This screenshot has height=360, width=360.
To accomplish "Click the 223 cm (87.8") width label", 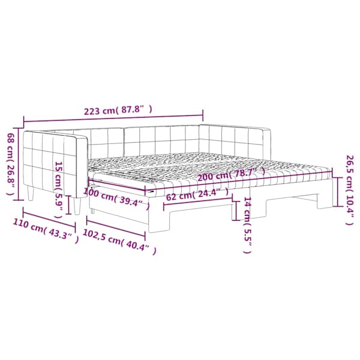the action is [x=118, y=110].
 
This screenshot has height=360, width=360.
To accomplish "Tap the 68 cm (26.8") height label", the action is [x=11, y=164].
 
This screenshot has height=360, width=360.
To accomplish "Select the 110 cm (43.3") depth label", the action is [x=46, y=231].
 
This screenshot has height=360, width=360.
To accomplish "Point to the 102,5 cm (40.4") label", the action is [x=119, y=242].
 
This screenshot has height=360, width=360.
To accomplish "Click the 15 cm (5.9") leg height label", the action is [x=59, y=190].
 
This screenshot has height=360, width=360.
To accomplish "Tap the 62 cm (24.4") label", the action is [x=197, y=194].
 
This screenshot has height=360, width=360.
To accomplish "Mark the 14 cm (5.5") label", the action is [x=247, y=224].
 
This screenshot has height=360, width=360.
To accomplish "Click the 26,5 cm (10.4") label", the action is [x=350, y=190].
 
